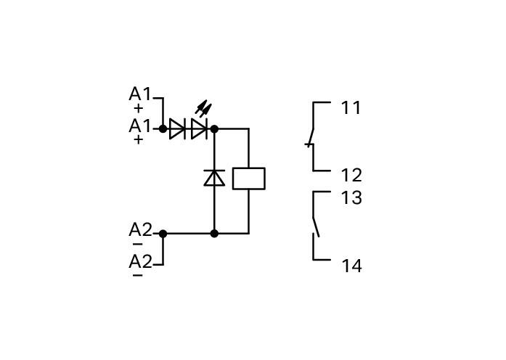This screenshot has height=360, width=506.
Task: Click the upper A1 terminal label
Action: pos(139,94)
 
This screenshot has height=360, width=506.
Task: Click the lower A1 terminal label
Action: pos(139,126)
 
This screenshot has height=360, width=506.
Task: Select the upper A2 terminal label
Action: pos(140,230)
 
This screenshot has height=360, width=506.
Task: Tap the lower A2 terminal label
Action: pos(140,261)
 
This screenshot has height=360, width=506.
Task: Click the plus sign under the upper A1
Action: pos(138,109)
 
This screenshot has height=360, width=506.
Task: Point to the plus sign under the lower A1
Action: pos(138,140)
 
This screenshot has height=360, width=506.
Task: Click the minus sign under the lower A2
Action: pos(137,275)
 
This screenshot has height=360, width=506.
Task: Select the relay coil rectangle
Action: pos(249,179)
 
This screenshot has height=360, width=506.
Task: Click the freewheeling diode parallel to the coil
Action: pos(214,178)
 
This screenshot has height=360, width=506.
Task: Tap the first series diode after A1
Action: pos(177,129)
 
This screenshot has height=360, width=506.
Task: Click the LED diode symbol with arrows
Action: pos(200,129)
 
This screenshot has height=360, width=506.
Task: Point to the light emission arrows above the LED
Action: pos(203,108)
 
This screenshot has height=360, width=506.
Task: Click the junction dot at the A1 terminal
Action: pos(163,129)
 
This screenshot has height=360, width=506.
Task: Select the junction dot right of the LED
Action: pos(214,129)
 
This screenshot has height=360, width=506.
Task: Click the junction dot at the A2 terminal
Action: pos(163,234)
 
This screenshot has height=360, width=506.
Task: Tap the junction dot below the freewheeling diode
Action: pos(214,234)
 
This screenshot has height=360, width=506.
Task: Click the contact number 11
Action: pos(351,107)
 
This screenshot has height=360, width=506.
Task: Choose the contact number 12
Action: pos(352,176)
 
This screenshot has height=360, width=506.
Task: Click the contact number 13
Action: pos(352,197)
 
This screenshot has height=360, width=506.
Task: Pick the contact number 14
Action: pos(352,266)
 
